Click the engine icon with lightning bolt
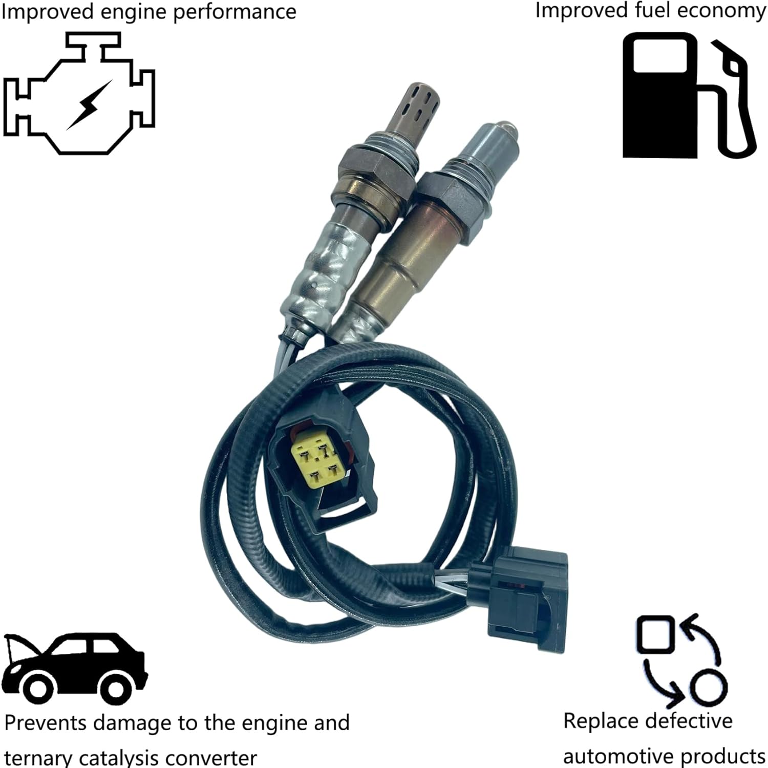79,95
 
